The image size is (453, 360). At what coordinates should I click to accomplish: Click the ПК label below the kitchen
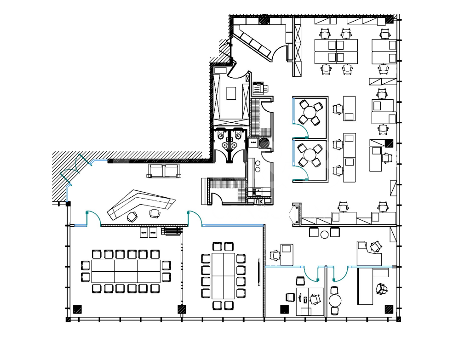point(259,202)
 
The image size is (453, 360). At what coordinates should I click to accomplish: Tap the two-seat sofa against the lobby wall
point(164,171)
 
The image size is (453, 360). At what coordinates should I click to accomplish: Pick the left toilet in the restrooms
point(221,135)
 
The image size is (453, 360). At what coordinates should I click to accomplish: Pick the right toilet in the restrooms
point(238,135)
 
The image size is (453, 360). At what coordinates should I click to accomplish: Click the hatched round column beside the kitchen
point(264,143)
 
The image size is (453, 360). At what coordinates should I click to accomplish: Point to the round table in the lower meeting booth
point(310,155)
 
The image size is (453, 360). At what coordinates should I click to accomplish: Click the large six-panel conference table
point(126,271)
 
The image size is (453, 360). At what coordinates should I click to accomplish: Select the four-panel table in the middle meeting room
point(224,276)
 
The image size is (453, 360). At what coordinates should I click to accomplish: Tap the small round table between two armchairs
point(324,234)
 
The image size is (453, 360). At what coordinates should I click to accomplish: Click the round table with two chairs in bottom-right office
point(335,301)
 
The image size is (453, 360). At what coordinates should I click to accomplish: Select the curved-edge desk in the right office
point(369,254)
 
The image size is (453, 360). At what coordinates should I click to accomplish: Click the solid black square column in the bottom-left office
point(285,309)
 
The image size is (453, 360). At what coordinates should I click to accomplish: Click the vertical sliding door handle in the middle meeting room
point(259,273)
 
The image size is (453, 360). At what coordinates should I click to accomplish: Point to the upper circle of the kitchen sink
point(257,164)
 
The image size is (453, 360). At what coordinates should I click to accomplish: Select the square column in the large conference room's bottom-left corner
point(77,309)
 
